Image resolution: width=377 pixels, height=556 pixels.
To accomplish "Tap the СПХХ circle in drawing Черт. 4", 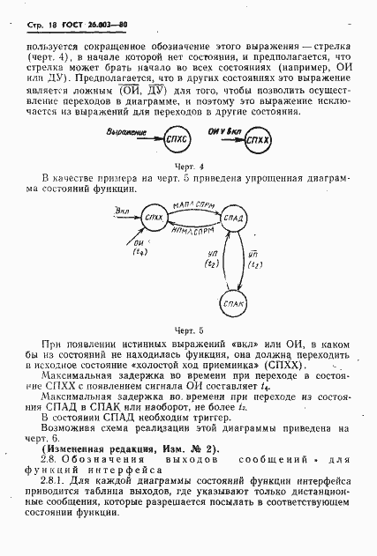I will (259, 140).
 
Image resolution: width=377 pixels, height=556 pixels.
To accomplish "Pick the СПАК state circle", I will (234, 303).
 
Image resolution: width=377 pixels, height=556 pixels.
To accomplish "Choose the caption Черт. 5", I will (189, 330).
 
